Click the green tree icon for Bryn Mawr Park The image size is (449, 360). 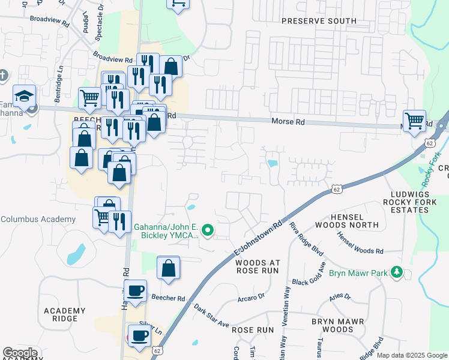click(396, 273)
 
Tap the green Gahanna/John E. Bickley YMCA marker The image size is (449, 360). click(208, 230)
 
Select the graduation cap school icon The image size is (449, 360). click(25, 97)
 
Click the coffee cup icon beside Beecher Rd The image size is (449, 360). click(136, 291)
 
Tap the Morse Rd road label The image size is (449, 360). click(288, 122)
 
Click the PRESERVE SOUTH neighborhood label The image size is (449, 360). click(319, 21)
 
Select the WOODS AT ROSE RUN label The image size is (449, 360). click(266, 266)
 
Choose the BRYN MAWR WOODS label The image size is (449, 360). click(337, 325)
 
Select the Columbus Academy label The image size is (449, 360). click(38, 220)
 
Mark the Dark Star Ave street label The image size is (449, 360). click(211, 316)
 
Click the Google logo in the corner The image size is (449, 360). click(20, 353)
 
